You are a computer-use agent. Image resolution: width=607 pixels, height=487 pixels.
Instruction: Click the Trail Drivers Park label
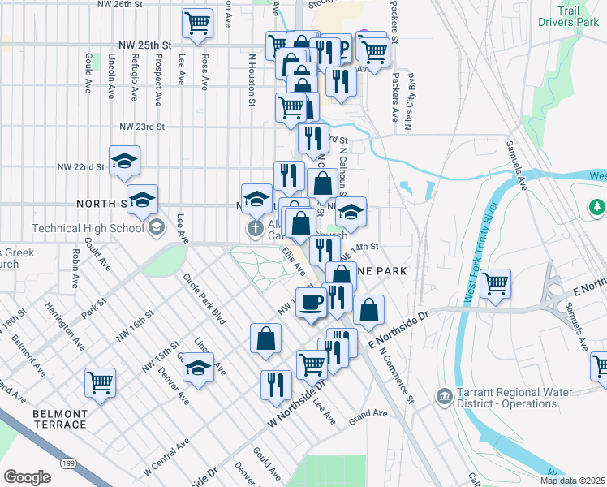(x=579, y=17)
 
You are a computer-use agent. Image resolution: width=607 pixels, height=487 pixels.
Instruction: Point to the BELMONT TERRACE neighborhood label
(x=59, y=419)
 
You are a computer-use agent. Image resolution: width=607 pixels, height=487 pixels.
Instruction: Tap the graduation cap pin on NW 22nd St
(x=124, y=161)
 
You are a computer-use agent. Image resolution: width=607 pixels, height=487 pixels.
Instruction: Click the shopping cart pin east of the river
(x=496, y=284)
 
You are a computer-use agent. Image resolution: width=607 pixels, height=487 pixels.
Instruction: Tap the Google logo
(x=28, y=477)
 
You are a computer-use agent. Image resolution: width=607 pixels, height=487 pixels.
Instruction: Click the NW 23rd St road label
(x=142, y=127)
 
